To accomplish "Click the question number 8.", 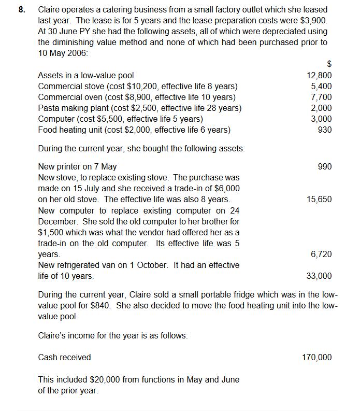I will tap(21, 10).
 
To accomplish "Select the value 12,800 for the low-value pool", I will tap(320, 76).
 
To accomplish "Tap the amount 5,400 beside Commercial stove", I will tap(322, 87).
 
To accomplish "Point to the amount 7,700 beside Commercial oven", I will tap(322, 97).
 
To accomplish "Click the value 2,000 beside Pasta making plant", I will tap(322, 108).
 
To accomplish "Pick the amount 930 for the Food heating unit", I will tap(325, 130).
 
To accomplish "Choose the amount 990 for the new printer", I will tap(325, 167).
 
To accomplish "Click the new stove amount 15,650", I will tap(320, 200).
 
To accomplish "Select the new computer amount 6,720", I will tap(322, 254).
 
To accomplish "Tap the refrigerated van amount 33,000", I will tap(320, 276).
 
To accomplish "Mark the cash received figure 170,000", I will tap(317, 358).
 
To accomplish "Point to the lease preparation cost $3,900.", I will tap(315, 20).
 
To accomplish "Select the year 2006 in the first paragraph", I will tap(77, 53).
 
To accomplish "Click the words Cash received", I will tap(64, 358).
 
